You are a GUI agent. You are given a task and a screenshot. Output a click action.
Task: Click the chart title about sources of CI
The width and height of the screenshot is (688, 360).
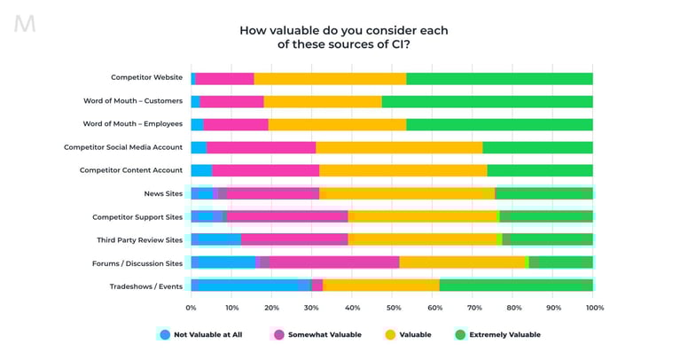[x=343, y=37]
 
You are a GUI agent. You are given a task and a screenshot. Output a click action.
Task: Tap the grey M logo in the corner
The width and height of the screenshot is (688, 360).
[x=25, y=24]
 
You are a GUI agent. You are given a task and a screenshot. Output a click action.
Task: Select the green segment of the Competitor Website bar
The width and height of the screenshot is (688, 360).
[x=499, y=79]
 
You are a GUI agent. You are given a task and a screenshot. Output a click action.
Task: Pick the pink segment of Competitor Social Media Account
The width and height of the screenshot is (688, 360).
[x=261, y=147]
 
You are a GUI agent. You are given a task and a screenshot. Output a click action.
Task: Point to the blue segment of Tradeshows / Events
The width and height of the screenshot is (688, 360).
[x=250, y=285]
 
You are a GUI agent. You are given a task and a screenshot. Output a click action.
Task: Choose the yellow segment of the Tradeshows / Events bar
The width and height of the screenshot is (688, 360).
[x=380, y=285]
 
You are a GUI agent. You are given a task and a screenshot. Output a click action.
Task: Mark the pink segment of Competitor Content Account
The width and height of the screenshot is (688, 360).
[x=265, y=170]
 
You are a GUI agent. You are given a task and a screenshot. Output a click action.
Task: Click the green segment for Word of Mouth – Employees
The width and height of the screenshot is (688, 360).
[x=499, y=124]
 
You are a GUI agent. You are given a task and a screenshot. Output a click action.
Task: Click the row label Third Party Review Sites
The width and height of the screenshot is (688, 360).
[x=139, y=239]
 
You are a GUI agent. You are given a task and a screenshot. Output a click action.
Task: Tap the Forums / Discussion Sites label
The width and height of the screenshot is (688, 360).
[x=137, y=262]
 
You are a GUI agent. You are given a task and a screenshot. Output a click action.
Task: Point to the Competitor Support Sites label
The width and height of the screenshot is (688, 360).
[x=137, y=216]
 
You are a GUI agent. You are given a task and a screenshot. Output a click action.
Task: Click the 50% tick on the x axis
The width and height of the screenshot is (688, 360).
[x=393, y=308]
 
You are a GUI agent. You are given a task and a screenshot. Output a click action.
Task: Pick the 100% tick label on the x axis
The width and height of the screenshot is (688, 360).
[x=595, y=308]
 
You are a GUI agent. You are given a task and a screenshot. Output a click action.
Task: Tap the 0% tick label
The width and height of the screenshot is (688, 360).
[x=191, y=308]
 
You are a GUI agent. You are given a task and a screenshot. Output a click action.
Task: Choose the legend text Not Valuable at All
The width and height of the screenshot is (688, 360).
[x=207, y=334]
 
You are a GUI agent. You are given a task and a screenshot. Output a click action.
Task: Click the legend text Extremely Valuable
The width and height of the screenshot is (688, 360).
[x=505, y=334]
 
